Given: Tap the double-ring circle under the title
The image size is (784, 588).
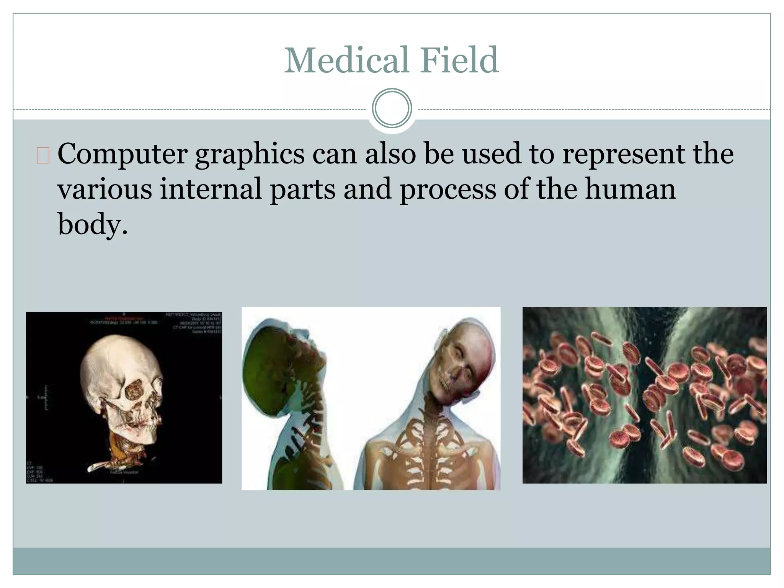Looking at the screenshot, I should pyautogui.click(x=392, y=108).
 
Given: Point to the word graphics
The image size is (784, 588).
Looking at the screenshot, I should pyautogui.click(x=250, y=155).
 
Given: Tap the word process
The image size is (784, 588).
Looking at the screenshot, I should pyautogui.click(x=448, y=189).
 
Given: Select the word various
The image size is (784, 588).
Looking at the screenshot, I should pyautogui.click(x=105, y=189).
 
